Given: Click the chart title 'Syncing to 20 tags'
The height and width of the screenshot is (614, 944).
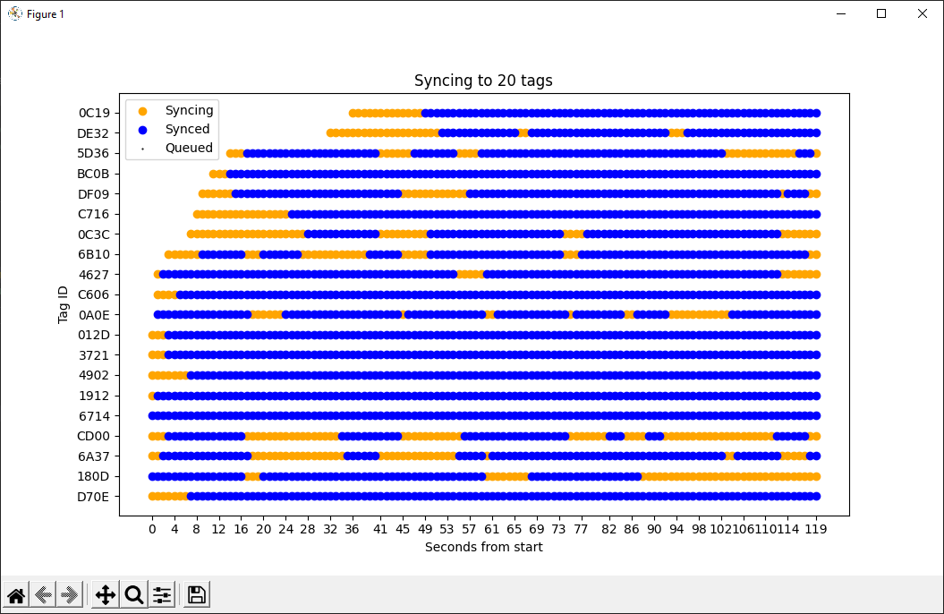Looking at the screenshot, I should coord(483,81).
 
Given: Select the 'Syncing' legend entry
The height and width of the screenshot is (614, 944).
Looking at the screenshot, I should coord(189,110).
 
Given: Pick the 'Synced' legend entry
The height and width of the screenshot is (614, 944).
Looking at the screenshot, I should coord(187,129).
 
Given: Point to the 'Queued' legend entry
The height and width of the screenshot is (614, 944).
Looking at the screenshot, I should coord(189,148).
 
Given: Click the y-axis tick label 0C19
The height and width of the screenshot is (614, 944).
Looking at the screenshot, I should coord(94,114).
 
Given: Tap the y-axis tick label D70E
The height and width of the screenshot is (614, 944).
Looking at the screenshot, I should coord(94,497).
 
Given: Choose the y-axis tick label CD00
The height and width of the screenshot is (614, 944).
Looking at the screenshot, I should coord(93,436).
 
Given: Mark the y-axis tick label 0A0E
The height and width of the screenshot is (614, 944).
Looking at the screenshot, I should coord(94,315).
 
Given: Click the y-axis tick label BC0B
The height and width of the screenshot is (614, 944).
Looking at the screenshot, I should coord(93,174).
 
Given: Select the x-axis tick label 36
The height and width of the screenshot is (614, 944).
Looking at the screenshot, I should coord(352,529).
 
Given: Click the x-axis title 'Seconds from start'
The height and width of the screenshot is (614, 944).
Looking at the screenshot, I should coord(483,547).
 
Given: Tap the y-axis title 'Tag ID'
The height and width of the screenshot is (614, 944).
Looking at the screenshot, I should coord(64,304).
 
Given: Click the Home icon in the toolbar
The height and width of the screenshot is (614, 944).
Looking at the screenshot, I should coord(16,594).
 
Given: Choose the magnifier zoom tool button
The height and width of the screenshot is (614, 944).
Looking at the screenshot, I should coord(134,594).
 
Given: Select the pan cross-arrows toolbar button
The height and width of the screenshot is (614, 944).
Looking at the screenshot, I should coord(105,594).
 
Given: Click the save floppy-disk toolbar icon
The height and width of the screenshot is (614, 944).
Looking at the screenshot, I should coord(197,594).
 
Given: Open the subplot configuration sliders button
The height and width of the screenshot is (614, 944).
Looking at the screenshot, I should coord(162,594).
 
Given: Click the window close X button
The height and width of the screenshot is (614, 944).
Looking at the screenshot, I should coord(923,13).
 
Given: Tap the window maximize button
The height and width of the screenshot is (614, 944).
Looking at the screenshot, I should coord(881,13).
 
